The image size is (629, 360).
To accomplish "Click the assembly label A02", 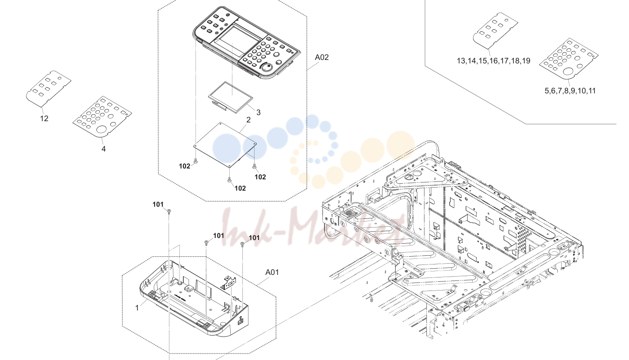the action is (x=321, y=57).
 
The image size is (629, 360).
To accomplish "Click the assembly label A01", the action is (x=272, y=272).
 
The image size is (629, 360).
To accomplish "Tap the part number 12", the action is (x=44, y=119).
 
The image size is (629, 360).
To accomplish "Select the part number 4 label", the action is (x=103, y=149).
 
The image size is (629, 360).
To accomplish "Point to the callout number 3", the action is (x=258, y=112).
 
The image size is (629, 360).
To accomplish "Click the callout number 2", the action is (x=248, y=120).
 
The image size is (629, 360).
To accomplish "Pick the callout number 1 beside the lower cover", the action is (x=137, y=308).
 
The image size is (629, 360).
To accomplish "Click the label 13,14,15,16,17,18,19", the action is (x=493, y=61).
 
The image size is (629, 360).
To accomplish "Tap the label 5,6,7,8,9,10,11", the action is (x=570, y=91).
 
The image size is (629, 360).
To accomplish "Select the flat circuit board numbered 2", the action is (x=225, y=145).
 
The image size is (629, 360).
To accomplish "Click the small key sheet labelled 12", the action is (x=48, y=89).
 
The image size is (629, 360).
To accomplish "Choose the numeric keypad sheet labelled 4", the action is (x=102, y=117).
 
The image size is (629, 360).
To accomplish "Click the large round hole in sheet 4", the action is (x=101, y=129).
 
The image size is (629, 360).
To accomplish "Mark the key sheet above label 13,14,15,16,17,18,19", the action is (x=495, y=30).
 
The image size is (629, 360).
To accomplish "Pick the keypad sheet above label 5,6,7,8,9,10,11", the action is (x=569, y=59).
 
